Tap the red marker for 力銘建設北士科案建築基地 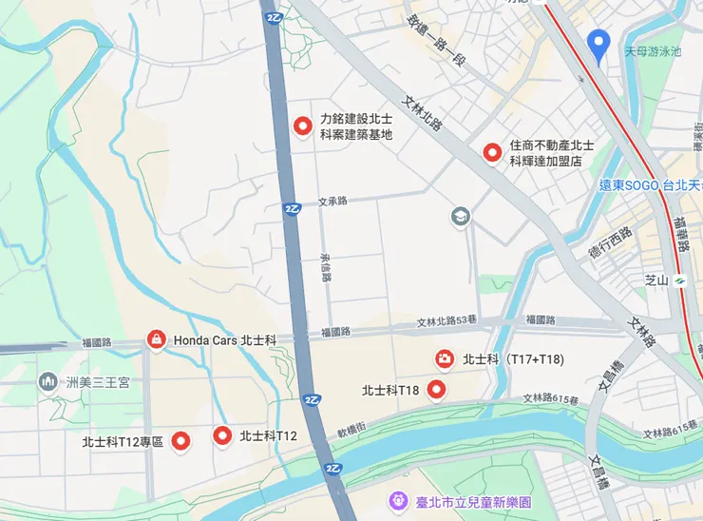pyautogui.click(x=304, y=125)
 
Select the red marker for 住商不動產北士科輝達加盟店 pyautogui.click(x=492, y=151)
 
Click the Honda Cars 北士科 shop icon pyautogui.click(x=154, y=338)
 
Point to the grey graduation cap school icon pyautogui.click(x=461, y=217)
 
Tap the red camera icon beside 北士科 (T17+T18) pyautogui.click(x=444, y=358)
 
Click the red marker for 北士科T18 pyautogui.click(x=436, y=389)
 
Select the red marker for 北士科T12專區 pyautogui.click(x=180, y=440)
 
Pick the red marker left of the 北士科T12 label pyautogui.click(x=222, y=435)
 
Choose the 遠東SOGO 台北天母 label pyautogui.click(x=651, y=184)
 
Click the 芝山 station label pyautogui.click(x=657, y=280)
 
